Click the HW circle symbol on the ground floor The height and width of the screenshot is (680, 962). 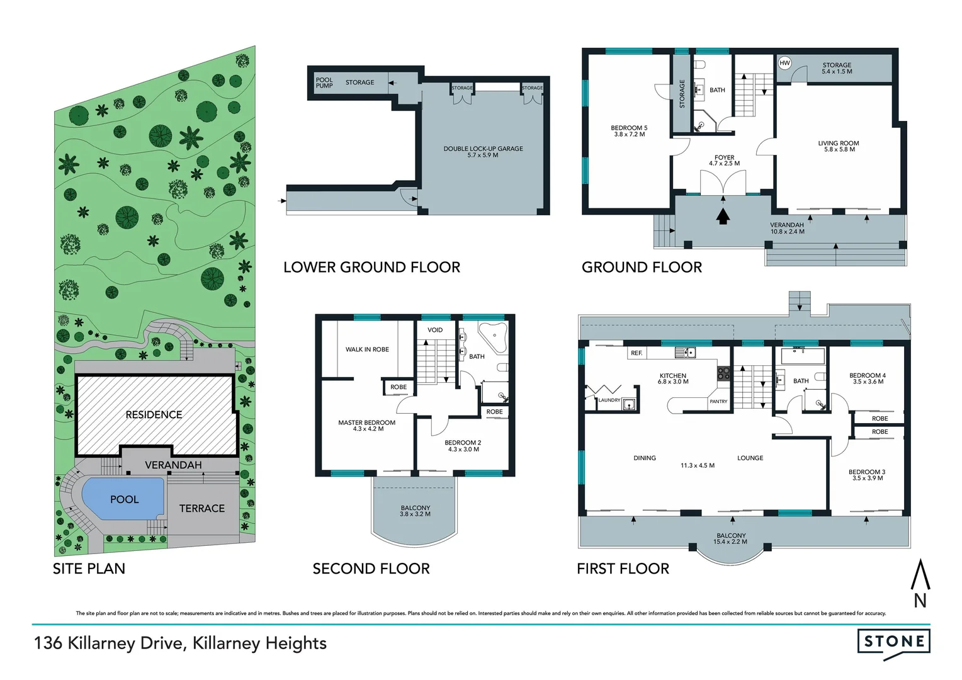(784, 63)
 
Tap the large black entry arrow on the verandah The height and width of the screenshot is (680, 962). (723, 217)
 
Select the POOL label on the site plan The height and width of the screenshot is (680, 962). (124, 499)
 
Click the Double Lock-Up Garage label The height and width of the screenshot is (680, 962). (483, 149)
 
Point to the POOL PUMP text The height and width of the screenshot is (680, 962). (324, 82)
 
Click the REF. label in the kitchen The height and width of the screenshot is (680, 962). (637, 353)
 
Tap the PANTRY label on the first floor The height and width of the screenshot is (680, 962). (718, 401)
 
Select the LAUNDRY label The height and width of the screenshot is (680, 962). (609, 400)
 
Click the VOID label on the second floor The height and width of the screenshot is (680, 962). (435, 330)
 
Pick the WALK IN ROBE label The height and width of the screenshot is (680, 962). (367, 349)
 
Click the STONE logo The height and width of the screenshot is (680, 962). (893, 642)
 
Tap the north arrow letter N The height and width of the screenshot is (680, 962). (920, 601)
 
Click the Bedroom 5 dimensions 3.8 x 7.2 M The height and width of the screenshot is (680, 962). (629, 134)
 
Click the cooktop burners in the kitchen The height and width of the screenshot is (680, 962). (723, 373)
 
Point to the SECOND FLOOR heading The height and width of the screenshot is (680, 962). (371, 569)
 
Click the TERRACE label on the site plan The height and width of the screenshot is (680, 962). (201, 508)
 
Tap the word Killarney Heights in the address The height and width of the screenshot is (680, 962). (259, 643)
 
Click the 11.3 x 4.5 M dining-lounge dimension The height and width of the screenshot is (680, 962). (697, 466)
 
